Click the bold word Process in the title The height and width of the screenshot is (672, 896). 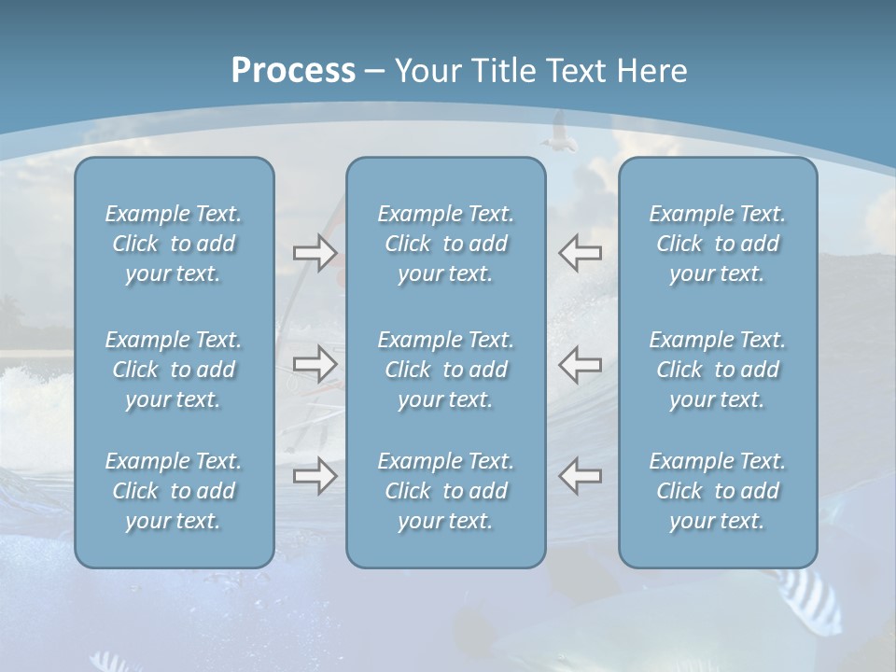[x=293, y=71]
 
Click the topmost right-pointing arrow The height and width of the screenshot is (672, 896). [x=315, y=253]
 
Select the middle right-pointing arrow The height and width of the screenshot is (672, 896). [x=315, y=364]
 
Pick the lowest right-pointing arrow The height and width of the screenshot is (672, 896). [x=315, y=475]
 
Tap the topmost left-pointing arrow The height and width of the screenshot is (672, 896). [x=581, y=253]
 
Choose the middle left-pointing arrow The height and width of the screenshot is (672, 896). [x=581, y=364]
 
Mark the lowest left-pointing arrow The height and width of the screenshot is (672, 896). [x=581, y=475]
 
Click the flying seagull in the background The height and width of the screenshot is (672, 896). [x=559, y=132]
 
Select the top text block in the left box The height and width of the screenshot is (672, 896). [x=174, y=244]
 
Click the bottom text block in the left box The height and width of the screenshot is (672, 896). [x=174, y=491]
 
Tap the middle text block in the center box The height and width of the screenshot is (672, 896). [x=445, y=370]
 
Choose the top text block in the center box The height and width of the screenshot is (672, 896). [x=445, y=244]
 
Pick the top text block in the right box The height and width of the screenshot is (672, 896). [x=717, y=244]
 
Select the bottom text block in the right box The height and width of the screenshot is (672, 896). [x=717, y=491]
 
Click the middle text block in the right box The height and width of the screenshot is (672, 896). [x=717, y=370]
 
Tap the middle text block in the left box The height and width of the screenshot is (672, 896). [x=174, y=370]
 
